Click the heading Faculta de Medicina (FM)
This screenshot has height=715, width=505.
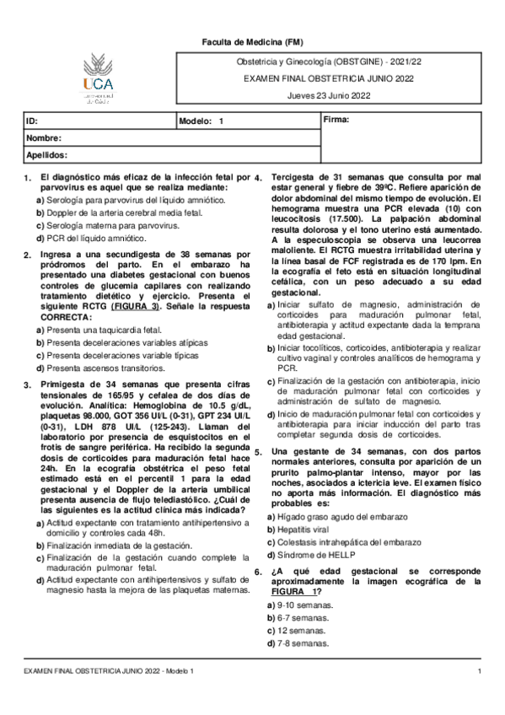click(x=253, y=41)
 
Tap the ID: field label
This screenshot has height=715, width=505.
click(x=32, y=122)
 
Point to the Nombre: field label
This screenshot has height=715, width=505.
click(x=44, y=138)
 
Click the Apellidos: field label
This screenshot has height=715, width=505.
click(x=47, y=155)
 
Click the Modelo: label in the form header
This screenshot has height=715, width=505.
click(x=196, y=122)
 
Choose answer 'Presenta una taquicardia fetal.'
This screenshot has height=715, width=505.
click(x=105, y=331)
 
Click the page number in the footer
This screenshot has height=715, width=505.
click(x=479, y=670)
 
